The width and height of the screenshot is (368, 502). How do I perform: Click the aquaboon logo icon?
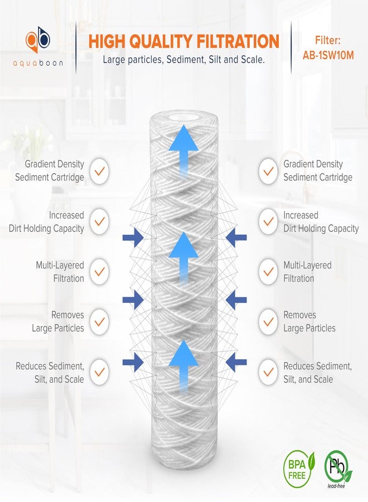tap(37, 39)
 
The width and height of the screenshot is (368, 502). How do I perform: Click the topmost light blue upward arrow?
tap(183, 146)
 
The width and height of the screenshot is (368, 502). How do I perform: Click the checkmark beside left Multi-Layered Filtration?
tap(99, 272)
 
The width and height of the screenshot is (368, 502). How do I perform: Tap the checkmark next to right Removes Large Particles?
tap(269, 322)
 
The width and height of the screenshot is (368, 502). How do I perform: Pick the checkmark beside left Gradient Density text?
tap(99, 171)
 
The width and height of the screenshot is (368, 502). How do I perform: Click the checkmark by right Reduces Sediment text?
tap(269, 372)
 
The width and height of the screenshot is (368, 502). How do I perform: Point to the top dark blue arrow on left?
tap(133, 238)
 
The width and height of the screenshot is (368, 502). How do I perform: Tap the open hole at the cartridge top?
tap(183, 118)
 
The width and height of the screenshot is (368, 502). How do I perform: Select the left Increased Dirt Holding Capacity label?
tap(47, 221)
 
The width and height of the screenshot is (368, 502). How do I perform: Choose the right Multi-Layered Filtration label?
tap(307, 272)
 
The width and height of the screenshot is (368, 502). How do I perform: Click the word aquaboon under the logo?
tap(37, 63)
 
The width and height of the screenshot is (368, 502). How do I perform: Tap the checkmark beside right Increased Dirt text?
tap(269, 221)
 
